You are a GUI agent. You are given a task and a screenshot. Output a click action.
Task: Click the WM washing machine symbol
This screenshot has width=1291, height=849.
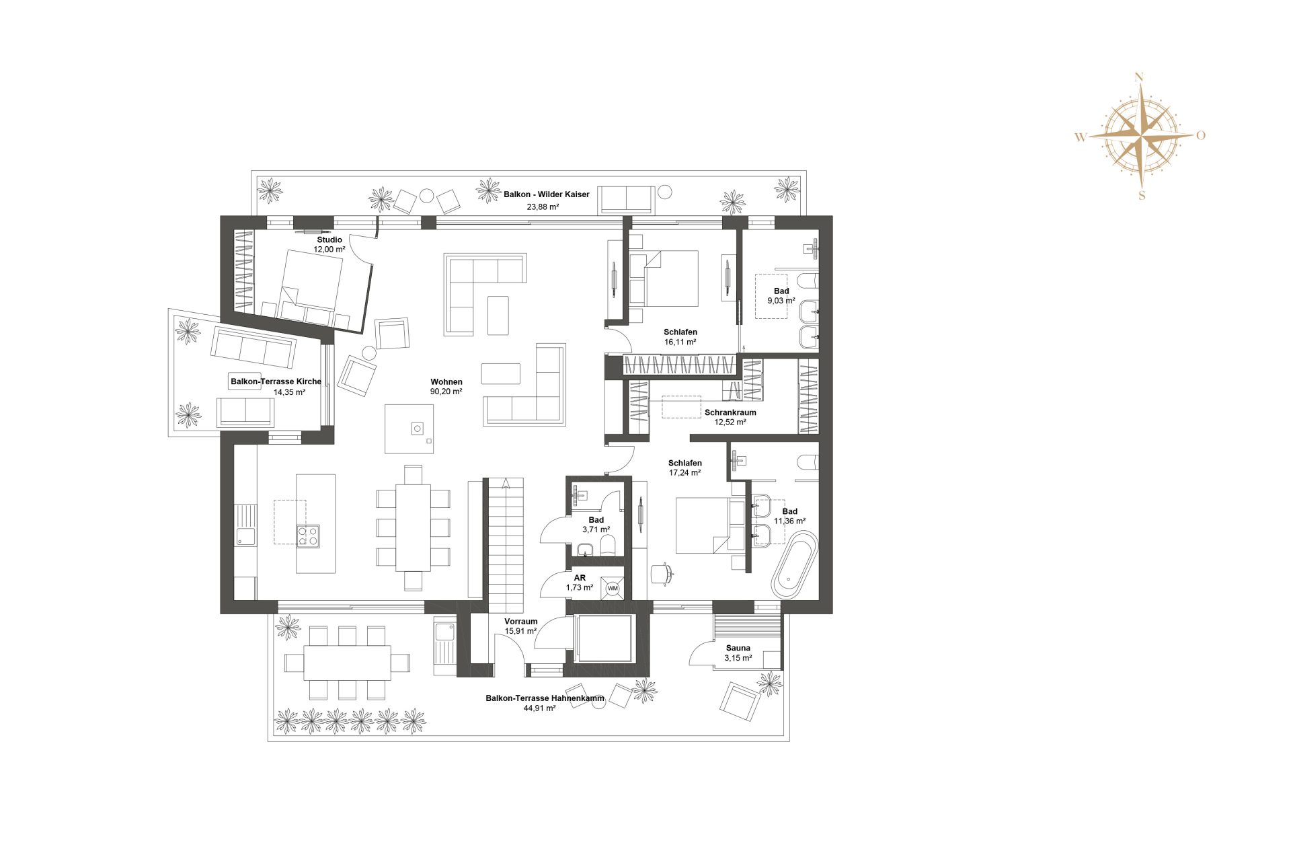click(613, 588)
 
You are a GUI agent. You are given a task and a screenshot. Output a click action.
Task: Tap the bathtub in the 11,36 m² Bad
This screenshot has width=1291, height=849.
click(795, 565)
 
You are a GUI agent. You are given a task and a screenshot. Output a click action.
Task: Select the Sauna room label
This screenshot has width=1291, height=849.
click(738, 648)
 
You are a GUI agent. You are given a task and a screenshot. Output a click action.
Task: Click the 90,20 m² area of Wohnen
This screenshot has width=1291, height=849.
click(446, 392)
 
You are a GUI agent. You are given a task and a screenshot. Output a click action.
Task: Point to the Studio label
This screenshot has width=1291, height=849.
click(329, 239)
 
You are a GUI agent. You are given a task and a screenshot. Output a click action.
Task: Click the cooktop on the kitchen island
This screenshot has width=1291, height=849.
click(308, 536)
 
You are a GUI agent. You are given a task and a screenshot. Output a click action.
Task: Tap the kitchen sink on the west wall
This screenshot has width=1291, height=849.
click(245, 536)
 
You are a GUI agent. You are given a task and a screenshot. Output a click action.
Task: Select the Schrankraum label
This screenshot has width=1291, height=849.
click(730, 412)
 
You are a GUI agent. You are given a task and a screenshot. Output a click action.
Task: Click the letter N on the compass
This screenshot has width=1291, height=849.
click(1139, 77)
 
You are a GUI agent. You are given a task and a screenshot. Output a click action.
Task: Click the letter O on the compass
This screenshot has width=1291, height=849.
click(1201, 135)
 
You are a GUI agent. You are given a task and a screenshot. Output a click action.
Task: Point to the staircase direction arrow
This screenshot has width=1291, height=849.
click(506, 482)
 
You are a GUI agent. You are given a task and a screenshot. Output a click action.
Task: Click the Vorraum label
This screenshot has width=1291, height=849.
click(521, 622)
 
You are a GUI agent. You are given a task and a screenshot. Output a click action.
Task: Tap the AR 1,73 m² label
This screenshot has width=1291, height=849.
click(580, 583)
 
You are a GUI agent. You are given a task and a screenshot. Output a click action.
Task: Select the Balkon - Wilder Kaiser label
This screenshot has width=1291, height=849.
click(546, 194)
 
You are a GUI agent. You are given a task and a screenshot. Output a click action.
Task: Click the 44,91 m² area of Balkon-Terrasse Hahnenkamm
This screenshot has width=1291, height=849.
click(539, 708)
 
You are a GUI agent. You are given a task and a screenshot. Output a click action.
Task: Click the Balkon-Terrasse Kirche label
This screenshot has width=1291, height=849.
click(276, 381)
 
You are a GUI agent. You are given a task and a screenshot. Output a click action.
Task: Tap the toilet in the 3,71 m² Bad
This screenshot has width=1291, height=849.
click(607, 545)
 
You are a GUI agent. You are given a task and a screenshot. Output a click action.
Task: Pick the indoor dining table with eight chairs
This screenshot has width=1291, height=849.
click(413, 527)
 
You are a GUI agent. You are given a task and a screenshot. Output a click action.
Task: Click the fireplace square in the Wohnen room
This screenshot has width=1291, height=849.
click(417, 428)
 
